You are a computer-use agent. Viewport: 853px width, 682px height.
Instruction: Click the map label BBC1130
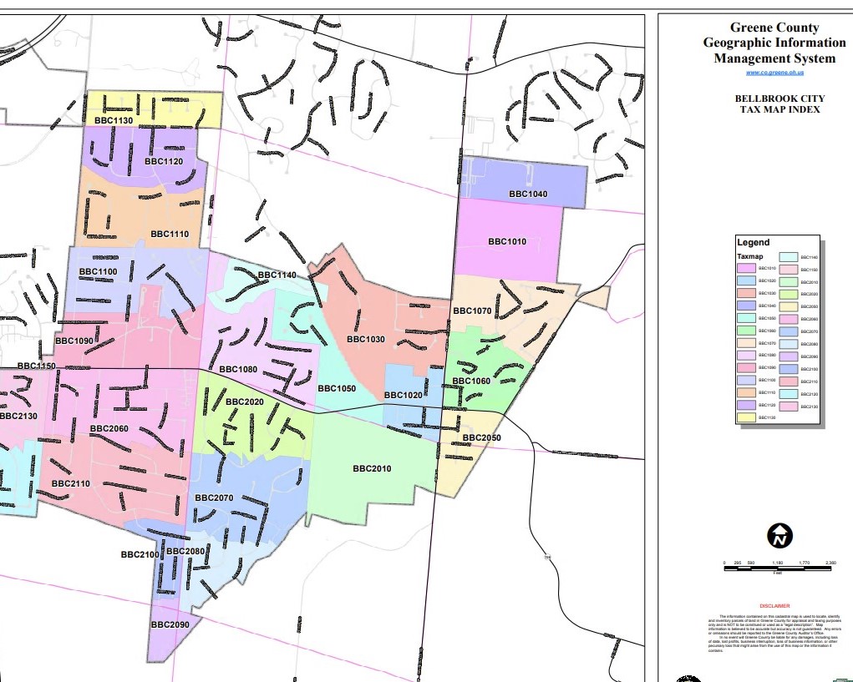(114, 121)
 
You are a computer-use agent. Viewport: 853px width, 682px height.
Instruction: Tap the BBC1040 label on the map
(528, 194)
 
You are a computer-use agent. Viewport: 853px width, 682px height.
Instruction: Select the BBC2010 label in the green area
(372, 468)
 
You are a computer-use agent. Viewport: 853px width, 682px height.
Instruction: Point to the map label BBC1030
(366, 340)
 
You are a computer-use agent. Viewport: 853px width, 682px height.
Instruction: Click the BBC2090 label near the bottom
(170, 624)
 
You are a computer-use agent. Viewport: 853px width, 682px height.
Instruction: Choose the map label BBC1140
(277, 275)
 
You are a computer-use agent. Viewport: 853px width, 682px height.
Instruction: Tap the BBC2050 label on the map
(481, 438)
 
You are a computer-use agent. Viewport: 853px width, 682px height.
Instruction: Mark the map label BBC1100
(98, 272)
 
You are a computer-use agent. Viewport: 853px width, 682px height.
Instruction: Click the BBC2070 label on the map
(214, 498)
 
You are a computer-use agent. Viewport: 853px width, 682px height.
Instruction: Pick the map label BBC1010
(507, 242)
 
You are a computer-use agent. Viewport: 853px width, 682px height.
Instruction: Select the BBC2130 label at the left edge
(18, 416)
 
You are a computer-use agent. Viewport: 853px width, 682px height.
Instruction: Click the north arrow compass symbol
(779, 536)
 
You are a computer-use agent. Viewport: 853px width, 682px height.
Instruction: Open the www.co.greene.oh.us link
(774, 73)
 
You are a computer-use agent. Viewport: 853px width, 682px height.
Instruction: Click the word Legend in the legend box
(753, 243)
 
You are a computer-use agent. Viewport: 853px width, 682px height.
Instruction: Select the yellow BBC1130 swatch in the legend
(746, 417)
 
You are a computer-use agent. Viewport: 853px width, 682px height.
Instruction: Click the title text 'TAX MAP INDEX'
(774, 109)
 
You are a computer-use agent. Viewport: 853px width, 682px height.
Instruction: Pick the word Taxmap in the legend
(749, 255)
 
